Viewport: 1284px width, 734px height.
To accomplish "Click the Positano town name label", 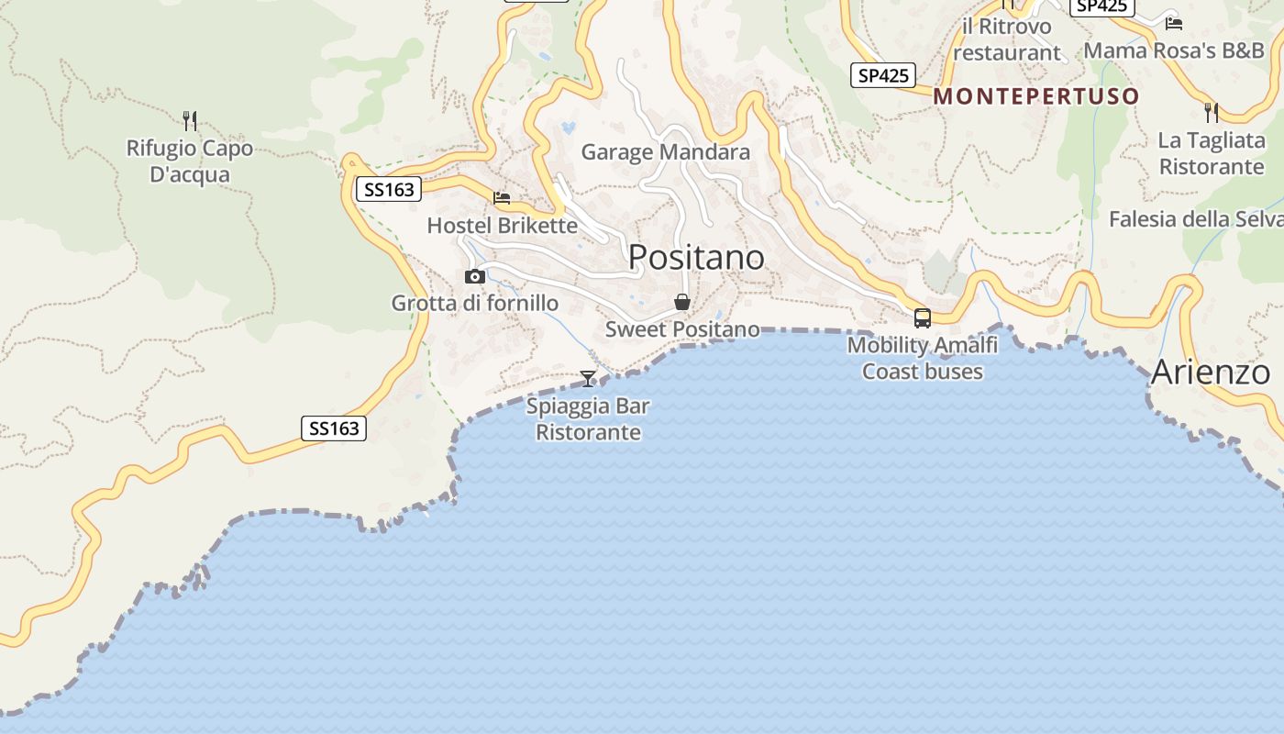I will [696, 258].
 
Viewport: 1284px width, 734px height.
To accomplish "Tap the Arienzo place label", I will [1210, 373].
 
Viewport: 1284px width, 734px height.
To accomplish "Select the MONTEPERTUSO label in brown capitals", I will [1036, 96].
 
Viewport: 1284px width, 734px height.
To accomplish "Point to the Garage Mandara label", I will [666, 152].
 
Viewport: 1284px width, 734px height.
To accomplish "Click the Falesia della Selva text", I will [1195, 219].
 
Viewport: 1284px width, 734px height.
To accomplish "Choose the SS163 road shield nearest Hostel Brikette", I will [389, 190].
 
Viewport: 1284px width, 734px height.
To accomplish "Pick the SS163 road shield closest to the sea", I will [334, 428].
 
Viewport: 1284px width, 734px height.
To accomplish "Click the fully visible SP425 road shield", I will [883, 75].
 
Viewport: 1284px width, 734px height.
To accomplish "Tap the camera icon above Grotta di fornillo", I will [475, 276].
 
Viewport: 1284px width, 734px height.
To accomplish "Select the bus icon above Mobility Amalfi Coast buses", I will [923, 318].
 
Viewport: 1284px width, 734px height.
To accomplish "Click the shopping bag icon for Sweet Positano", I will [682, 302].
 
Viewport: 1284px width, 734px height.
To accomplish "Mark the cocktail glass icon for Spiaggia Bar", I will [588, 378].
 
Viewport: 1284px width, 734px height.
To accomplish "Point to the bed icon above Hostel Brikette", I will [502, 197].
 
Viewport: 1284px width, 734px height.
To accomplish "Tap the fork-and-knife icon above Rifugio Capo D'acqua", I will [190, 120].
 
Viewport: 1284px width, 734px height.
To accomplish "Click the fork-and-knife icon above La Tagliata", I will [1212, 112].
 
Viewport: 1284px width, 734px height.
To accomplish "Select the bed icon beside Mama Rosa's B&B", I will [1173, 24].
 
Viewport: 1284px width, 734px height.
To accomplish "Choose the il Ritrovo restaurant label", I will [1007, 39].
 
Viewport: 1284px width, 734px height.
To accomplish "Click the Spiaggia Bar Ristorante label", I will [588, 419].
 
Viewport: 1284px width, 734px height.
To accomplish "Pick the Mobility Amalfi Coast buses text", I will [923, 359].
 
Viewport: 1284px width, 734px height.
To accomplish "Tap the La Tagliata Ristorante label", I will [1212, 154].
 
